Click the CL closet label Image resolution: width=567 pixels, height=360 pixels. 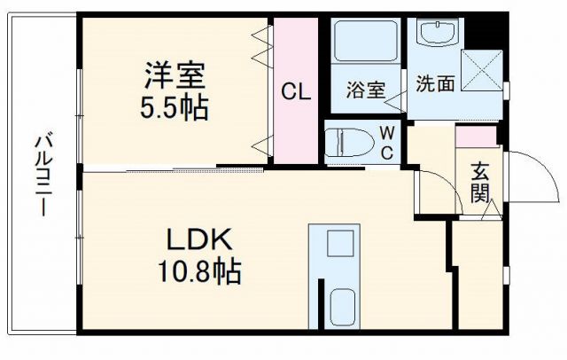[295, 90]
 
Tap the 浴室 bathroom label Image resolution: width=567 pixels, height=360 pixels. [366, 90]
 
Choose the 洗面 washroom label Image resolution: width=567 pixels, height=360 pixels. [435, 83]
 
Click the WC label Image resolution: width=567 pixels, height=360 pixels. [388, 142]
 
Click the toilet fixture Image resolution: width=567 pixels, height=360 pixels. [346, 142]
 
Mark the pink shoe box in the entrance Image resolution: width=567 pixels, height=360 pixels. [477, 138]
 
